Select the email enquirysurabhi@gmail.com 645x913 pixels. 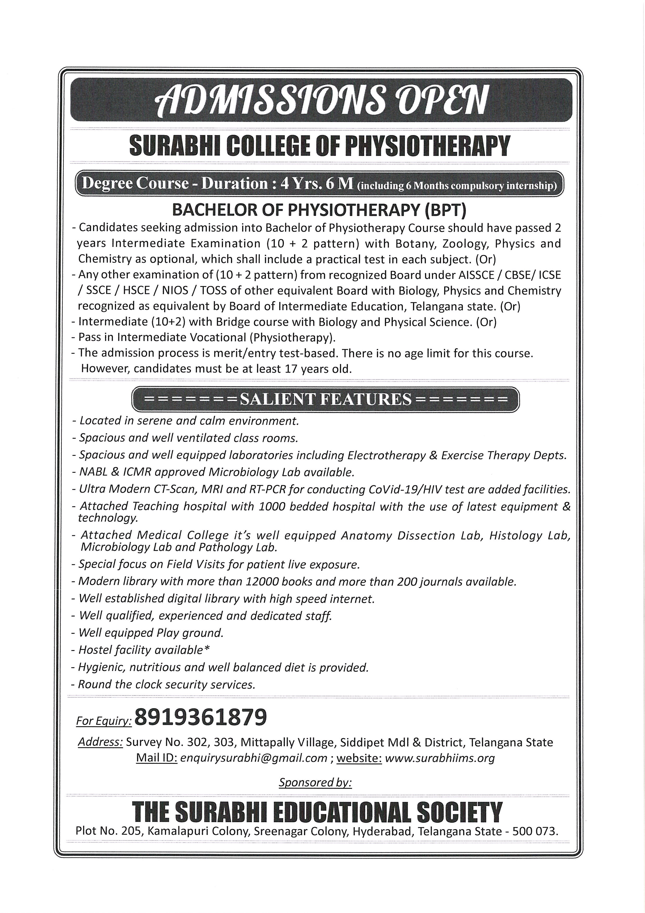click(x=254, y=758)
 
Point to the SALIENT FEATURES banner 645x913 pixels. click(x=325, y=399)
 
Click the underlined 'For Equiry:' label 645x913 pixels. click(x=104, y=721)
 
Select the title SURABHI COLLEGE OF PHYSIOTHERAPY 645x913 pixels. click(x=319, y=146)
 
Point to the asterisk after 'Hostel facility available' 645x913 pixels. click(x=207, y=649)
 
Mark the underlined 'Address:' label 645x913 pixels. click(x=100, y=742)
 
